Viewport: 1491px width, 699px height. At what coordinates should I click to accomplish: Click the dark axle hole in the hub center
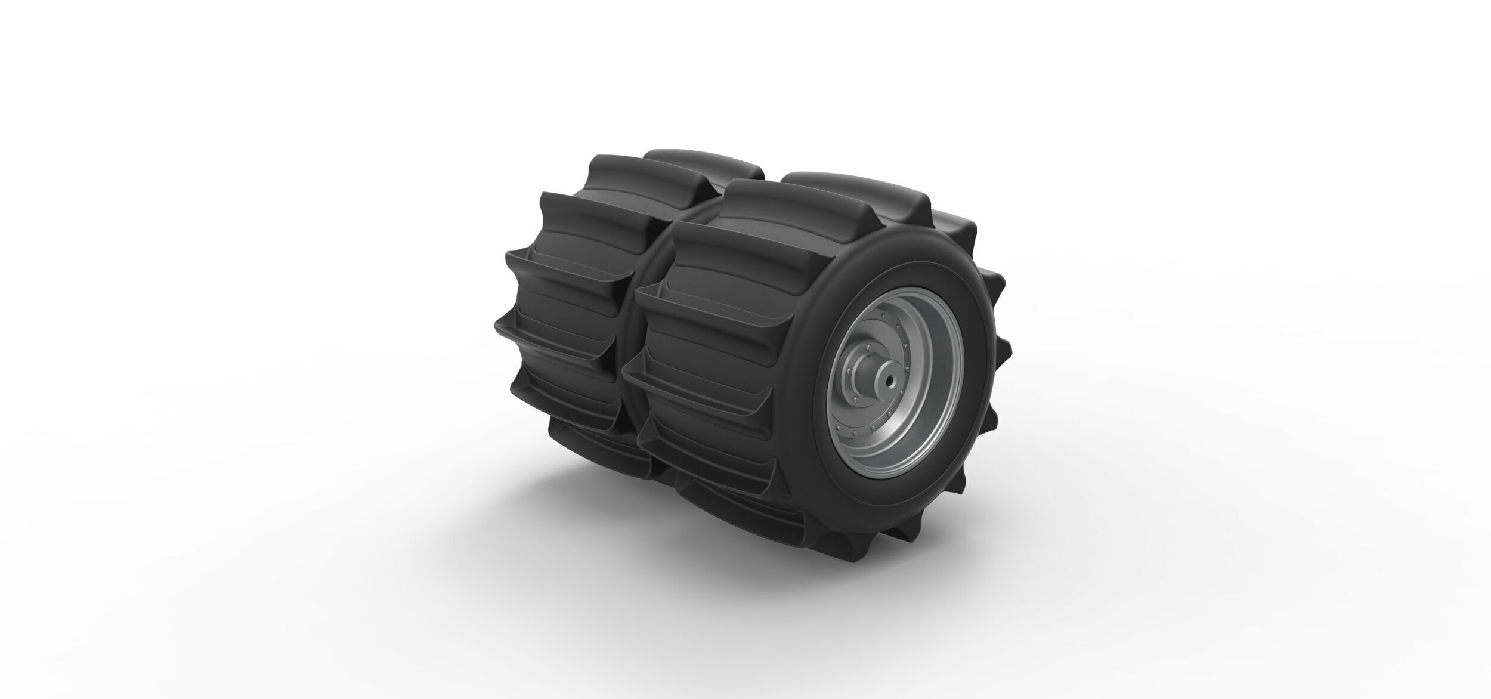click(x=890, y=379)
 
